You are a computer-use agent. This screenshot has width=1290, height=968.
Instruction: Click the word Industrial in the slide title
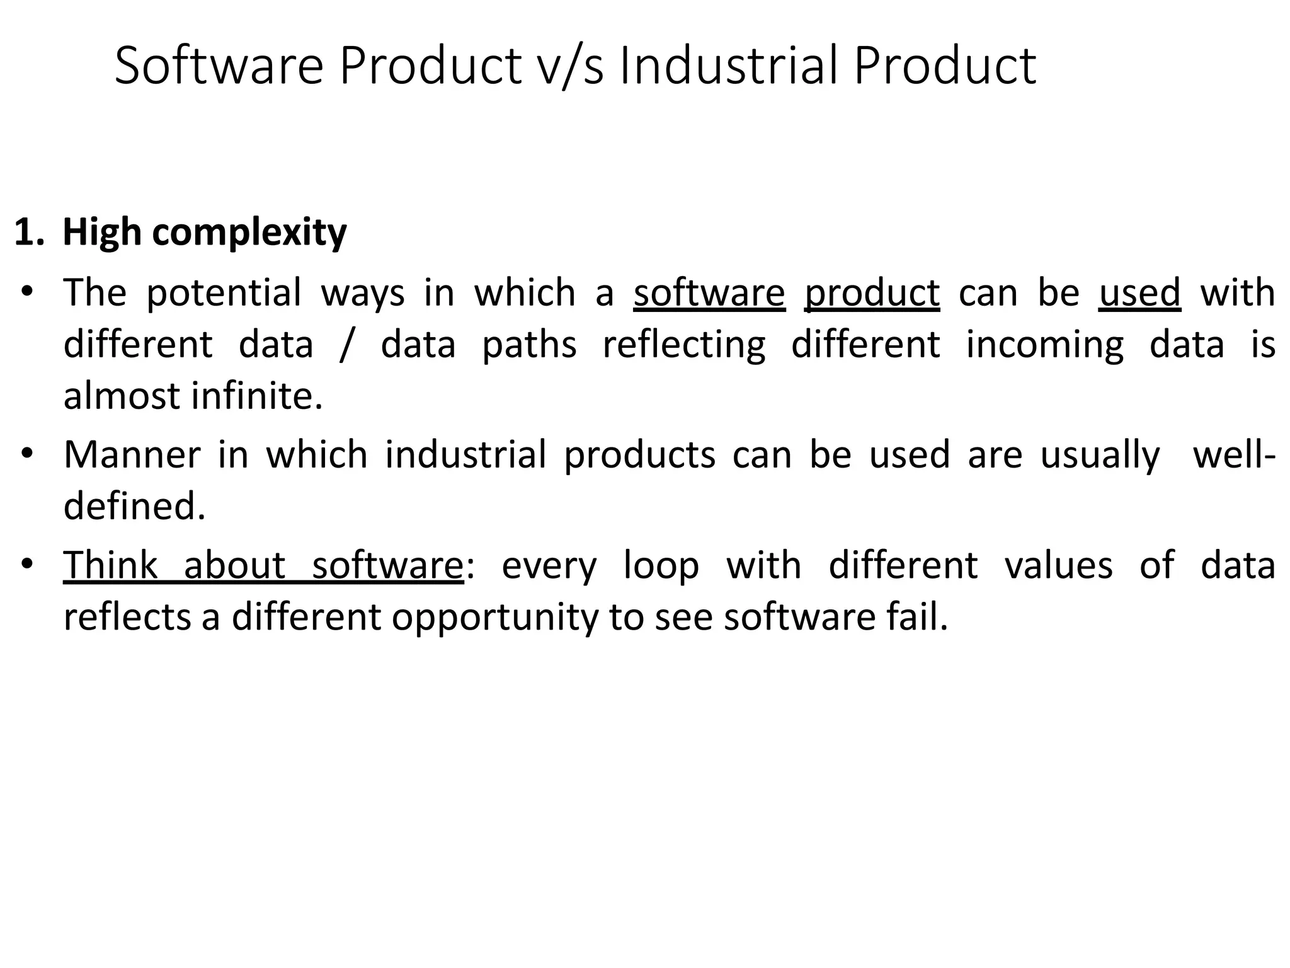729,66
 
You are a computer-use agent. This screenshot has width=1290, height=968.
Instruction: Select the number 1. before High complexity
29,232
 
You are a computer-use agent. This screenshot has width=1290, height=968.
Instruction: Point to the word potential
224,294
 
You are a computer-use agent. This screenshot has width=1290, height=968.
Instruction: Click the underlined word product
872,294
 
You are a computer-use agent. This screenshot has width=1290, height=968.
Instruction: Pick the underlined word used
1139,292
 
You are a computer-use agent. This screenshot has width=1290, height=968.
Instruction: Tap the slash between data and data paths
345,345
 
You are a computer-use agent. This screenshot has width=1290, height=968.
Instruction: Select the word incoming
1044,345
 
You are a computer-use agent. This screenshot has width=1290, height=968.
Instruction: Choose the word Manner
132,454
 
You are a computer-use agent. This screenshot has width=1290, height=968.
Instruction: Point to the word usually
1100,455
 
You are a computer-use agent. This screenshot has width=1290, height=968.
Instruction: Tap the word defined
134,505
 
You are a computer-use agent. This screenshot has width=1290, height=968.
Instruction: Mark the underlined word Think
110,565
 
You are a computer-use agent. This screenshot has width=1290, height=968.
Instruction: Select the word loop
661,565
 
